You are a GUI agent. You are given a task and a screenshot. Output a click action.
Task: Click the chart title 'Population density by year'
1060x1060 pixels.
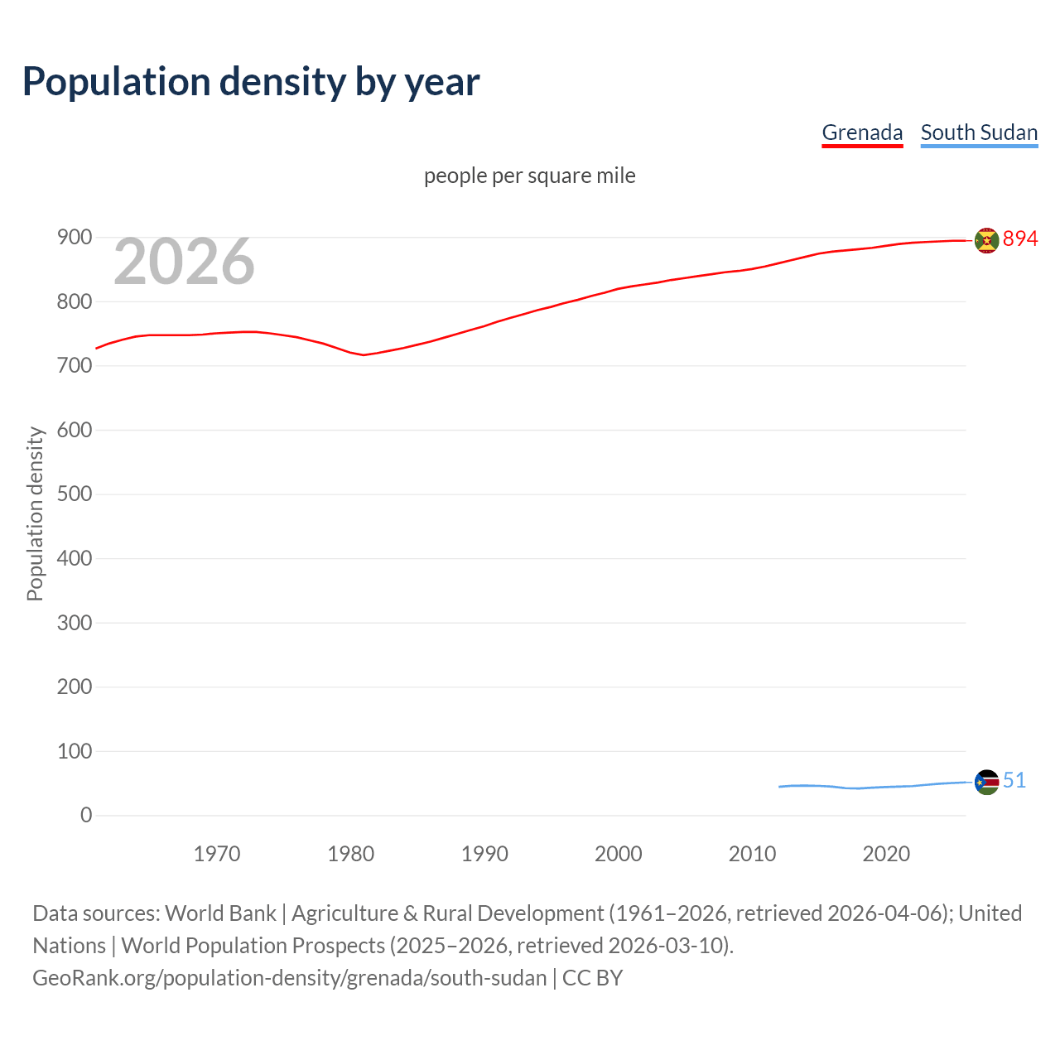click(x=251, y=82)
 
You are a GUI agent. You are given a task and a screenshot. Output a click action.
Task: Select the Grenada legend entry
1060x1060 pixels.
click(x=862, y=132)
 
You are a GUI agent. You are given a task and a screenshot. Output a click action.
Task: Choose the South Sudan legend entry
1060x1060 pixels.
click(x=979, y=132)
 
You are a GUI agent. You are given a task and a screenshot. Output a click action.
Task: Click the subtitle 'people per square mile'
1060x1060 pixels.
click(x=529, y=176)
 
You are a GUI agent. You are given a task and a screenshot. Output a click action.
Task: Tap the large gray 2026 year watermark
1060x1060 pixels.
click(x=184, y=262)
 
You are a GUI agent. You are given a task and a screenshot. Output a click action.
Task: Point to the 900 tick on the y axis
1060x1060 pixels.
click(x=75, y=238)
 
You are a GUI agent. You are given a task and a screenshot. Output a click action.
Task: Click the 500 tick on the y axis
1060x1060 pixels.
click(x=75, y=494)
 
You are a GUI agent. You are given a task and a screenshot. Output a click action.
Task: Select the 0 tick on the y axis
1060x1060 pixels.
click(x=86, y=815)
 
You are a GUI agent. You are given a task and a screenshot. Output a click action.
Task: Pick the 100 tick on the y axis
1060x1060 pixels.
click(x=75, y=751)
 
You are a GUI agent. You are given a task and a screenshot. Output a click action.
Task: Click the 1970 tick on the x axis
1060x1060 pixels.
click(x=217, y=854)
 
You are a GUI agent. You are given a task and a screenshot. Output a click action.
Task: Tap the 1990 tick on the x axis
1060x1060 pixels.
click(x=484, y=854)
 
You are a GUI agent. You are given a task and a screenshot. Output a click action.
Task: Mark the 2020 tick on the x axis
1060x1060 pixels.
click(x=886, y=854)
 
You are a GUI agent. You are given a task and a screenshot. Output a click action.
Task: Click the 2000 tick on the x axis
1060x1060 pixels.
click(x=619, y=854)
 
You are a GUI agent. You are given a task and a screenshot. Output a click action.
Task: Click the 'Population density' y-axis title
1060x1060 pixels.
click(x=35, y=513)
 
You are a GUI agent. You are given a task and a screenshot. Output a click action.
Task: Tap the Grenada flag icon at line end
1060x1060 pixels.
click(x=986, y=240)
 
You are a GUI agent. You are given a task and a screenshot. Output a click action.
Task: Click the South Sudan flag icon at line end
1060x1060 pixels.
click(x=986, y=782)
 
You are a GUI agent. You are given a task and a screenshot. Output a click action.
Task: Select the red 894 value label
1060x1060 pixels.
click(x=1020, y=239)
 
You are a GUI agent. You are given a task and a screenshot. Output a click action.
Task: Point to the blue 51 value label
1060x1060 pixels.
click(x=1014, y=781)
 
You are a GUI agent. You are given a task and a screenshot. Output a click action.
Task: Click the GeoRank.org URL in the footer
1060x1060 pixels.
click(x=290, y=978)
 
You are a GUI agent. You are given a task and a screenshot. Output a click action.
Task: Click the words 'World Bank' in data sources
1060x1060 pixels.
click(x=220, y=913)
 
